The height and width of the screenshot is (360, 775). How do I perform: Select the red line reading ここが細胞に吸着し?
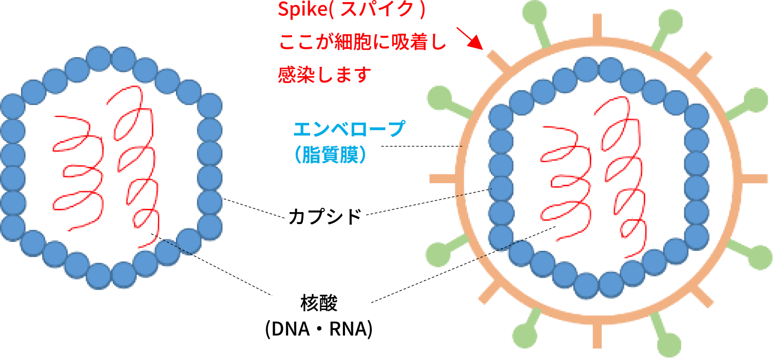362,43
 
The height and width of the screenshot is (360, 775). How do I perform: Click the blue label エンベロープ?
350,129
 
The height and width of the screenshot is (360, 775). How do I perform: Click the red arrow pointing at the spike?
469,38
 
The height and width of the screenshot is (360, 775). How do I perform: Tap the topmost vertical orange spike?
598,26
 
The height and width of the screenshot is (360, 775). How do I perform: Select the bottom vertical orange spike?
598,336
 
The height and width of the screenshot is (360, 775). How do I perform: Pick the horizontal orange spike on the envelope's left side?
444,178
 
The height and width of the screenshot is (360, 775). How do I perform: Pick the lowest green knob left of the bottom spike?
525,334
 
